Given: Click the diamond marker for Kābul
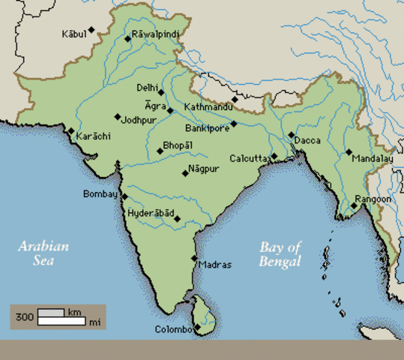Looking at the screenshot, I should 91,30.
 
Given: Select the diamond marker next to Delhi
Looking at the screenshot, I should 161,92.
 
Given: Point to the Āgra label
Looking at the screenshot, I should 155,106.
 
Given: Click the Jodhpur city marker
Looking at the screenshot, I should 118,116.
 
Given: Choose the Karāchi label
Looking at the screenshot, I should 94,135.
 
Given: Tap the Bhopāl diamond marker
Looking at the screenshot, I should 160,151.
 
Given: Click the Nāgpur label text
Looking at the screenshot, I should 204,169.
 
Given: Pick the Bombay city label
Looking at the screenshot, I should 100,194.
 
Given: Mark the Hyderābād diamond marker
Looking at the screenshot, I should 178,218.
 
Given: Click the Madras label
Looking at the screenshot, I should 215,264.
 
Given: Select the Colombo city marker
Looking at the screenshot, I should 196,327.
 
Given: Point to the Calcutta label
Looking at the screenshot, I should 248,158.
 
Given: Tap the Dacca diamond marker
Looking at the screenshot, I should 291,135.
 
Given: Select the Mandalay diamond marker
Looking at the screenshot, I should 349,151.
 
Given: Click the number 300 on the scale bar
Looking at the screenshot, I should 23,317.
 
